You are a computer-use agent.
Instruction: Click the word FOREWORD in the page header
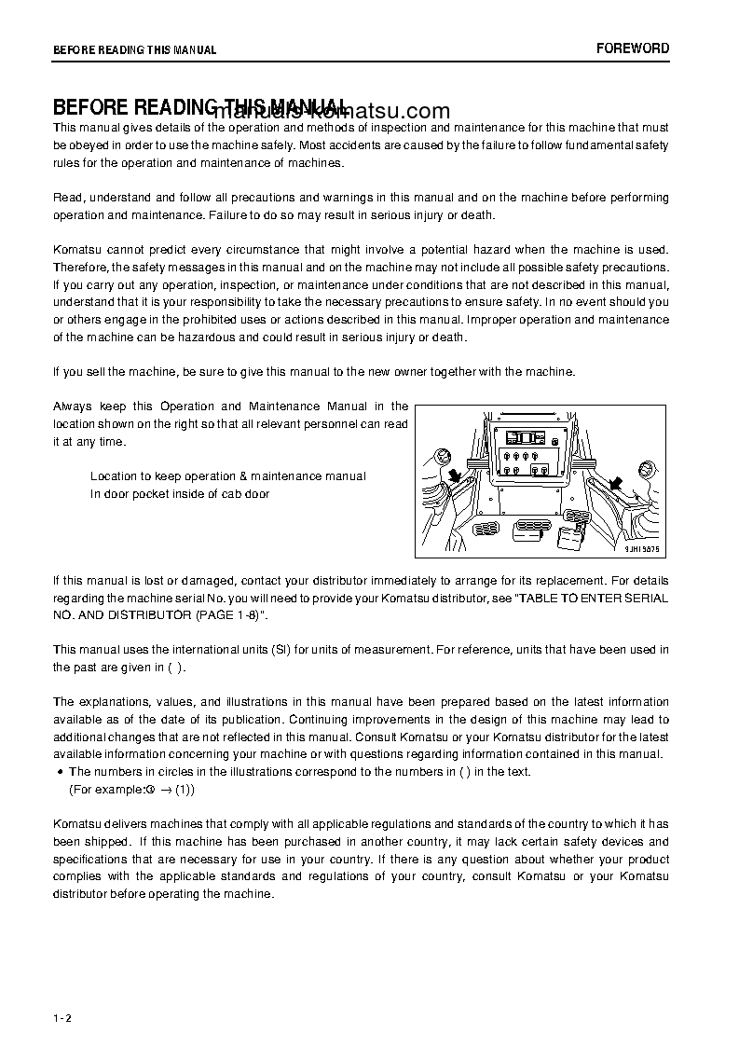(x=633, y=48)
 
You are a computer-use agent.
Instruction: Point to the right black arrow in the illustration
(x=615, y=482)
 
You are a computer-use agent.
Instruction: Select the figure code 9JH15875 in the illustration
(x=642, y=550)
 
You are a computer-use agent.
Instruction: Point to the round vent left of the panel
(x=444, y=456)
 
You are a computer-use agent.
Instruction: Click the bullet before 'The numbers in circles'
(x=61, y=772)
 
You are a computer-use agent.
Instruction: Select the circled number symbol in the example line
(x=149, y=790)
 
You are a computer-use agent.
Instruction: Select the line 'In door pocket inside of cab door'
(x=180, y=494)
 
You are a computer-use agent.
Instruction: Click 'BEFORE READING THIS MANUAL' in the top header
(x=135, y=50)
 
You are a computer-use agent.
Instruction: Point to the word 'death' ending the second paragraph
(x=477, y=214)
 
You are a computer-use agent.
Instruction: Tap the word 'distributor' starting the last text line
(x=81, y=894)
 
